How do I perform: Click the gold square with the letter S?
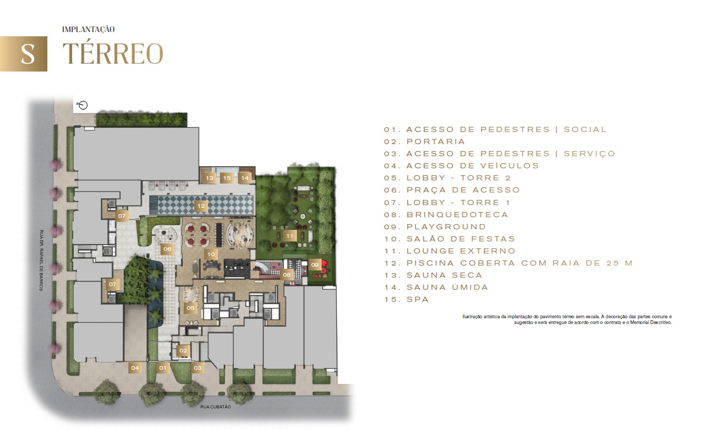pyautogui.click(x=23, y=54)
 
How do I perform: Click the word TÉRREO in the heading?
pyautogui.click(x=113, y=53)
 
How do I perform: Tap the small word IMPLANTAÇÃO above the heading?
pyautogui.click(x=88, y=29)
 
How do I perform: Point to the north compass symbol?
pyautogui.click(x=83, y=105)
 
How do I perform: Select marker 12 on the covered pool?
pyautogui.click(x=201, y=206)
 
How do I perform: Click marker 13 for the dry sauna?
pyautogui.click(x=209, y=178)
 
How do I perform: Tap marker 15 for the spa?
pyautogui.click(x=227, y=178)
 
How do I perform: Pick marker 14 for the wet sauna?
pyautogui.click(x=245, y=178)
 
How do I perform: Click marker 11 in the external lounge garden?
pyautogui.click(x=290, y=236)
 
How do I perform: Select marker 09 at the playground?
pyautogui.click(x=315, y=265)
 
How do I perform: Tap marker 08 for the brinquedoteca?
pyautogui.click(x=287, y=275)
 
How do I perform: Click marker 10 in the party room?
pyautogui.click(x=211, y=254)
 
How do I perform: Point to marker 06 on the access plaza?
pyautogui.click(x=167, y=249)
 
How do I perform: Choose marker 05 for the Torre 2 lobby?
pyautogui.click(x=191, y=308)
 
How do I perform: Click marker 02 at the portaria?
pyautogui.click(x=183, y=350)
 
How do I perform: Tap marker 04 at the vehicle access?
pyautogui.click(x=135, y=368)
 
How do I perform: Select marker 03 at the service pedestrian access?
pyautogui.click(x=197, y=368)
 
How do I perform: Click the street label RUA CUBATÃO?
pyautogui.click(x=216, y=407)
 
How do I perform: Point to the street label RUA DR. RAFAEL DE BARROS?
pyautogui.click(x=41, y=260)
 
